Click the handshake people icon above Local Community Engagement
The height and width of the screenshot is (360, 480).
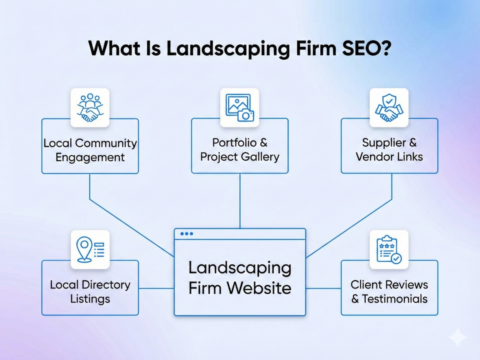90,108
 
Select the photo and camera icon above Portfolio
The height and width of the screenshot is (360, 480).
240,108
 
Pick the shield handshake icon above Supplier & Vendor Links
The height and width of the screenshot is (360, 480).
389,108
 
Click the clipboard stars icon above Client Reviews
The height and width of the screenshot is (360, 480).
389,250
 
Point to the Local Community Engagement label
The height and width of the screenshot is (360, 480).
90,150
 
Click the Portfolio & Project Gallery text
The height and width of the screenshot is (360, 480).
240,150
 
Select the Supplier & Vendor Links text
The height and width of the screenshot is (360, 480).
389,150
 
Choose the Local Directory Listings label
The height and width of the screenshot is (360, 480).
90,292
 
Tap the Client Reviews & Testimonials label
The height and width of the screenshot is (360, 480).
389,292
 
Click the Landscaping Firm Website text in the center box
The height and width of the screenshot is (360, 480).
240,277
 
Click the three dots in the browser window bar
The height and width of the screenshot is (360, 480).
187,234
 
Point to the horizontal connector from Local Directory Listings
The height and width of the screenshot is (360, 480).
156,288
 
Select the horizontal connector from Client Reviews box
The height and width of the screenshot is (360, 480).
323,288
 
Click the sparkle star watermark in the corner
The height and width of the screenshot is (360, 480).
458,337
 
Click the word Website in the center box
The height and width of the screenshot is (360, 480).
259,288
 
